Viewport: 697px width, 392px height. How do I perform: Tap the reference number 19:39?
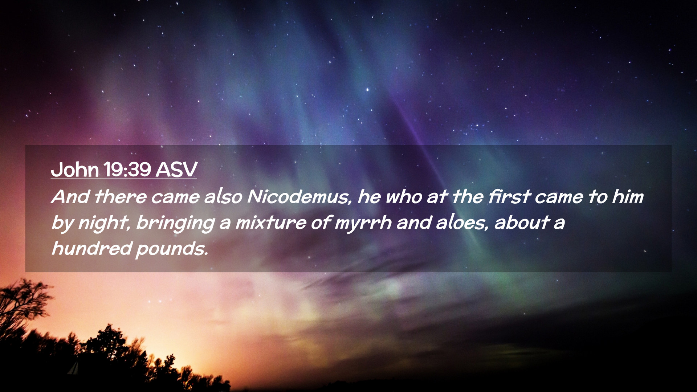pyautogui.click(x=127, y=169)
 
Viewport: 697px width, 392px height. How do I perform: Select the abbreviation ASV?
pyautogui.click(x=176, y=169)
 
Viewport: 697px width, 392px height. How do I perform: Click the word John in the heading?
pyautogui.click(x=74, y=169)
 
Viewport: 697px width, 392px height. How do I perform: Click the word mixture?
pyautogui.click(x=270, y=223)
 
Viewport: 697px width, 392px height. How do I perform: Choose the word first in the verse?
pyautogui.click(x=509, y=197)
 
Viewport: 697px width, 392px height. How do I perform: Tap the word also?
pyautogui.click(x=223, y=197)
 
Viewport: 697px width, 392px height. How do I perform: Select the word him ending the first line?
pyautogui.click(x=628, y=197)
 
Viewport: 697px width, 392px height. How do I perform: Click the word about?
pyautogui.click(x=522, y=223)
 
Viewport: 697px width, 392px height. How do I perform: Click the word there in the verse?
pyautogui.click(x=121, y=197)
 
